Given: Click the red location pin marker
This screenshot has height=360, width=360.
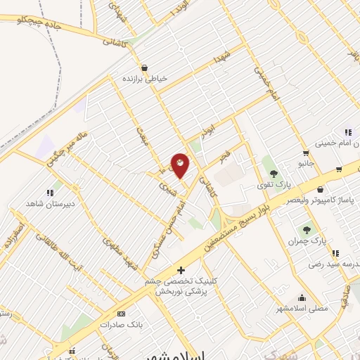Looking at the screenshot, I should [181, 165].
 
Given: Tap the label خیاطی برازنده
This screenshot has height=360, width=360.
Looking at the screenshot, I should [144, 79].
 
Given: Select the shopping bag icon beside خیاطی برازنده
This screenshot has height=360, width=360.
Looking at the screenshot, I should [144, 68].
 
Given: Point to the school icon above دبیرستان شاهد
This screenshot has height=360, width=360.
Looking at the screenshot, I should [50, 192].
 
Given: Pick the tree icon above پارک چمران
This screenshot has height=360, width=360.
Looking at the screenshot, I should [307, 229].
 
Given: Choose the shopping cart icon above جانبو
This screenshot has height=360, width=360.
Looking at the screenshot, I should [305, 153].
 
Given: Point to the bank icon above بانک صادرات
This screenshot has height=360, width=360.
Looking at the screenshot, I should [122, 314].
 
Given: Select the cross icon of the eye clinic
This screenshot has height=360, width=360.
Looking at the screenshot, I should [181, 270].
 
